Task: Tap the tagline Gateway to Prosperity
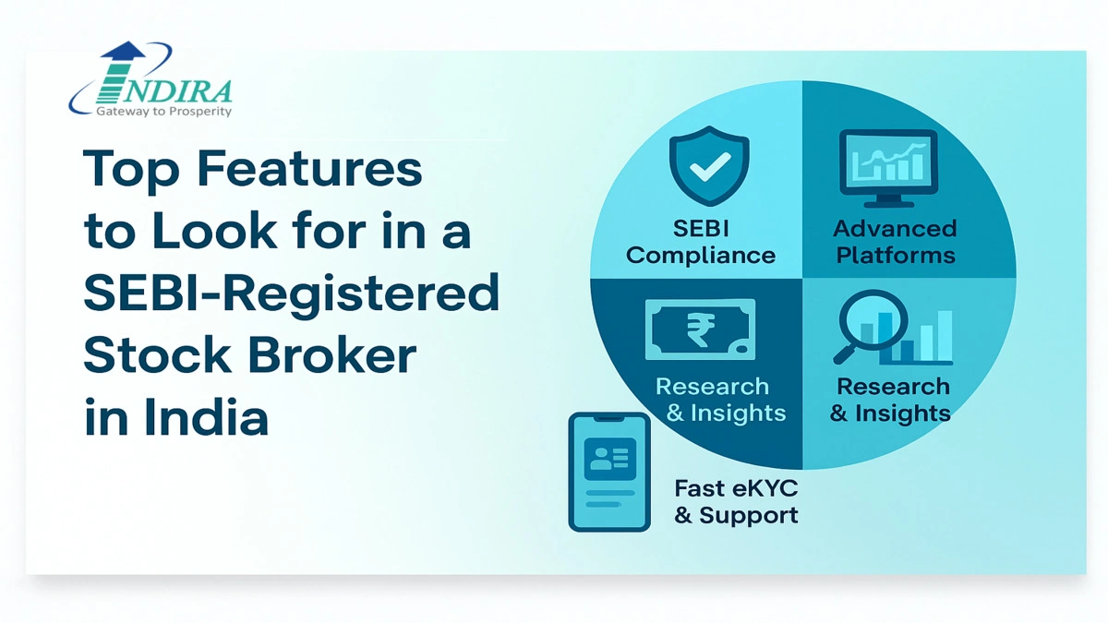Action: pos(163,112)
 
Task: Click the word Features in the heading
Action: pos(309,169)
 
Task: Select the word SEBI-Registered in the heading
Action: pos(292,294)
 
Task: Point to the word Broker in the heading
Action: pos(331,354)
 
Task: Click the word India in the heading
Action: pos(206,417)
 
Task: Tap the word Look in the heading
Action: pos(214,231)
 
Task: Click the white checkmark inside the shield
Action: pos(710,167)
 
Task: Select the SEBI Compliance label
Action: pos(701,242)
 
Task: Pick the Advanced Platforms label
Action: pos(895,242)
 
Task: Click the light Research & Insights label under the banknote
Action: pos(721,400)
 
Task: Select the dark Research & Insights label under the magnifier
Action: pos(890,400)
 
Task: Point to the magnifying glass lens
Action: pos(873,320)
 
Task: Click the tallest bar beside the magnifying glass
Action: pos(945,336)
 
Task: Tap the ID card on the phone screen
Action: pos(610,459)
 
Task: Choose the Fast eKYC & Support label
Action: pos(737,502)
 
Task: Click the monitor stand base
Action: pos(889,203)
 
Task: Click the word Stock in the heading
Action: pos(157,354)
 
